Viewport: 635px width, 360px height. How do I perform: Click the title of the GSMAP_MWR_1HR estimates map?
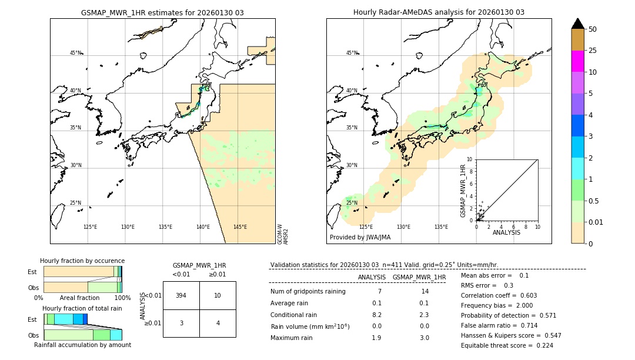tap(162, 12)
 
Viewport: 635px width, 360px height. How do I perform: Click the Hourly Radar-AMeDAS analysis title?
tap(439, 12)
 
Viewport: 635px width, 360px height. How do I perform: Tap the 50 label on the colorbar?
tap(593, 29)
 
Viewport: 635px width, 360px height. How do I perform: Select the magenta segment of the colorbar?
tap(578, 61)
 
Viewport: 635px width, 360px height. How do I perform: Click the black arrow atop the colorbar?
tap(578, 24)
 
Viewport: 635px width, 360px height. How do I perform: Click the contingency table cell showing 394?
tap(181, 295)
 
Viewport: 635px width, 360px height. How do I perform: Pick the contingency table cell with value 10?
tap(218, 295)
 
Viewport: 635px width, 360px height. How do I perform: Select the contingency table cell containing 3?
tap(181, 323)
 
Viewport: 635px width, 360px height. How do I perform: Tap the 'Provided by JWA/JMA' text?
tap(360, 237)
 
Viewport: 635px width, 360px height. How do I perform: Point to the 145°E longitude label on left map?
tap(240, 227)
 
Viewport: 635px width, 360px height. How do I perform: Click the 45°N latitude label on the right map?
tap(352, 53)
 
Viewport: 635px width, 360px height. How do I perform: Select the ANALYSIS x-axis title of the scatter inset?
tap(506, 232)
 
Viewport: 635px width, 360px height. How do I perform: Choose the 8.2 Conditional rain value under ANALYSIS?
tap(377, 315)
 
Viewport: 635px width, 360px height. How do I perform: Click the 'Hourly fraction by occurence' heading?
tap(82, 261)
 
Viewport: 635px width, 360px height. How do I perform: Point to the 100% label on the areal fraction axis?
tap(122, 298)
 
